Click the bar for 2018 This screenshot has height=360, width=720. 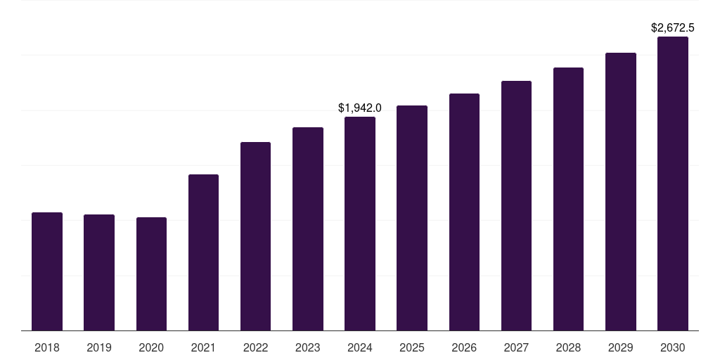pos(47,271)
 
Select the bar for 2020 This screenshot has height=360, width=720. pos(151,274)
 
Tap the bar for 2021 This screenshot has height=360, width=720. pos(203,252)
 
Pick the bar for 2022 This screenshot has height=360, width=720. pos(255,236)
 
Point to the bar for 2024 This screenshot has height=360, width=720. pos(360,224)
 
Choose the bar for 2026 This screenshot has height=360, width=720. pos(464,212)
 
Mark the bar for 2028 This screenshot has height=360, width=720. pos(568,199)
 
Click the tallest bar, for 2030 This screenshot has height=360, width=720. pos(673,184)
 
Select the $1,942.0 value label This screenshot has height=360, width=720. pos(360,108)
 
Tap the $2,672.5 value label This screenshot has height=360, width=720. pos(673,28)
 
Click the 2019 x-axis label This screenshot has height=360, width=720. pos(99,347)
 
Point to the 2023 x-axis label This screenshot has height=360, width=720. pos(308,347)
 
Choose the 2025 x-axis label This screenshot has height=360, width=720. pos(412,347)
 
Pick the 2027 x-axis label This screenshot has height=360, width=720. pos(516,347)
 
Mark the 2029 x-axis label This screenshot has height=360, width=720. pos(621,347)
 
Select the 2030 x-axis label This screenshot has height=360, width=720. pos(673,347)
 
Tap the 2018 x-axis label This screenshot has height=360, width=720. pos(47,347)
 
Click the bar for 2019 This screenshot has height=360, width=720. pos(99,272)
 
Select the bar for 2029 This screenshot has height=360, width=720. pos(621,191)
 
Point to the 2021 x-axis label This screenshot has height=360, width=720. pos(203,347)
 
